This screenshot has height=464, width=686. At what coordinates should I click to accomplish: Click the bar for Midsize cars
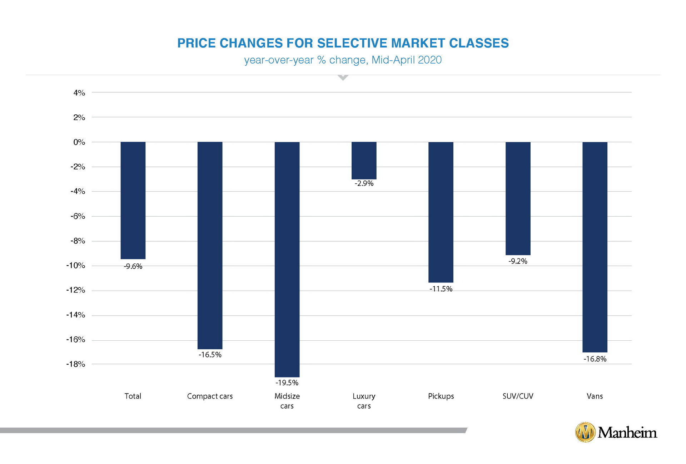coord(287,259)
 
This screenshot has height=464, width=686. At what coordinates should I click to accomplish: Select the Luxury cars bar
coord(364,161)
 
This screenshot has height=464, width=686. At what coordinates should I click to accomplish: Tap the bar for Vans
coord(595,247)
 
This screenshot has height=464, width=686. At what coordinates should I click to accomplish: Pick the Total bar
coord(133,200)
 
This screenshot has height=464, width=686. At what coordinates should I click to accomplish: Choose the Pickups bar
coord(441,212)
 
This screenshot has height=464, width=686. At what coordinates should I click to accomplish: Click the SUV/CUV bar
coord(518,198)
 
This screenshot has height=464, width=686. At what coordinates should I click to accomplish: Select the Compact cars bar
coord(210,245)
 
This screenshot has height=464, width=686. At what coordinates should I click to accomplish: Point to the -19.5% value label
coord(287,383)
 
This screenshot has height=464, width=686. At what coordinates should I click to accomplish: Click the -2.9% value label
coord(364,183)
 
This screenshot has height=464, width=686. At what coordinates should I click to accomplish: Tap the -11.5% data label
coord(441,289)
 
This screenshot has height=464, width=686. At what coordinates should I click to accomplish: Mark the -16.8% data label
coord(595,359)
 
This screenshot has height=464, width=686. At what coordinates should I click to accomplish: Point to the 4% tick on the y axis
coord(79,93)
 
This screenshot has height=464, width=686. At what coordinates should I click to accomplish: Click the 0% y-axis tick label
coord(79,142)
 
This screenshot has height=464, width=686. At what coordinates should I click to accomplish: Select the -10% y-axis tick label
coord(76,266)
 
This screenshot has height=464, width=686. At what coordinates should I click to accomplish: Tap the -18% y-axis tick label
coord(76,364)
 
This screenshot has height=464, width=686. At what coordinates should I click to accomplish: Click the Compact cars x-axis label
coord(210,396)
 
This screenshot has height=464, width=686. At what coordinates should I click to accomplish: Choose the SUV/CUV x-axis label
coord(518,396)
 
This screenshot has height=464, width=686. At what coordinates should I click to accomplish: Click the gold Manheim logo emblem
coord(585,432)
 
